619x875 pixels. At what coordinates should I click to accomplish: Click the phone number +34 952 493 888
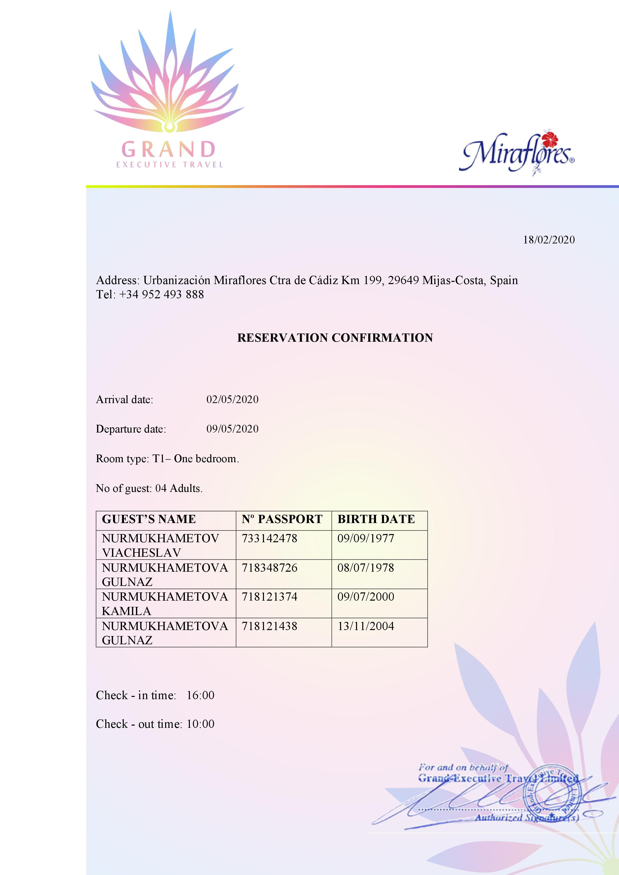pyautogui.click(x=162, y=294)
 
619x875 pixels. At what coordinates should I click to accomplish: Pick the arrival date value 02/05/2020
pyautogui.click(x=232, y=399)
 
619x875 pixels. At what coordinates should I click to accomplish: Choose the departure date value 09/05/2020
pyautogui.click(x=232, y=429)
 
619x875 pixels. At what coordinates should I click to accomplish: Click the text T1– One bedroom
pyautogui.click(x=196, y=458)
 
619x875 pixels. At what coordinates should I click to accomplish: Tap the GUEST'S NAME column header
pyautogui.click(x=149, y=519)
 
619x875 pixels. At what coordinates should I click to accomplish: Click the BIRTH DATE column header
pyautogui.click(x=376, y=519)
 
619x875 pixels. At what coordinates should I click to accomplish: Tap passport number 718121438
pyautogui.click(x=269, y=626)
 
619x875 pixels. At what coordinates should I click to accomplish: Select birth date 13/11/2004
pyautogui.click(x=366, y=626)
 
